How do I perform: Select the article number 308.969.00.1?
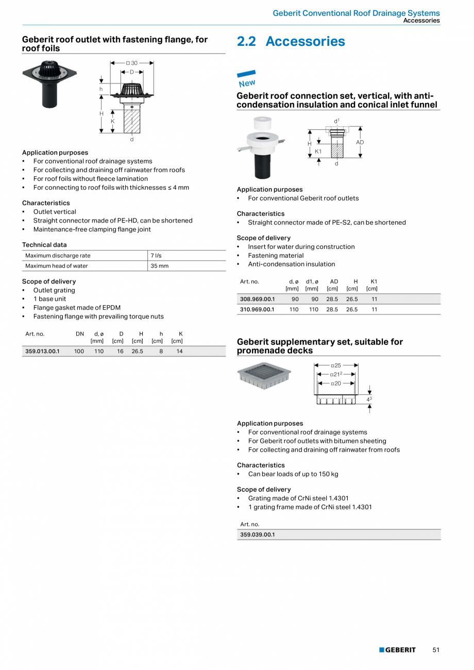tap(258, 299)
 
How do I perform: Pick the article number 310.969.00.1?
tap(258, 310)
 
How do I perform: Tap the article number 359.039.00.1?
tap(258, 534)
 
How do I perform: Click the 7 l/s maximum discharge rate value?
tap(156, 256)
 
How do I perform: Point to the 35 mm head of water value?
tap(159, 266)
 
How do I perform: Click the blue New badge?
tap(247, 79)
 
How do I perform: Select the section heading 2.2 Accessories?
tap(291, 42)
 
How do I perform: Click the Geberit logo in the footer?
tap(397, 650)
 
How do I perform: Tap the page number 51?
tap(436, 650)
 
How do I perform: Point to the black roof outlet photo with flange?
tap(48, 85)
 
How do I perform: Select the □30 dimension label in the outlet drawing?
tap(132, 63)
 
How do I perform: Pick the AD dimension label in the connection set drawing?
tap(360, 142)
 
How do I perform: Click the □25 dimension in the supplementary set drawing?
tap(336, 365)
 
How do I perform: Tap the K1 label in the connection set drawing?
tap(318, 152)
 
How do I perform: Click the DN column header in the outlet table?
tap(80, 334)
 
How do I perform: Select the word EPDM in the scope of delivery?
tap(112, 308)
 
